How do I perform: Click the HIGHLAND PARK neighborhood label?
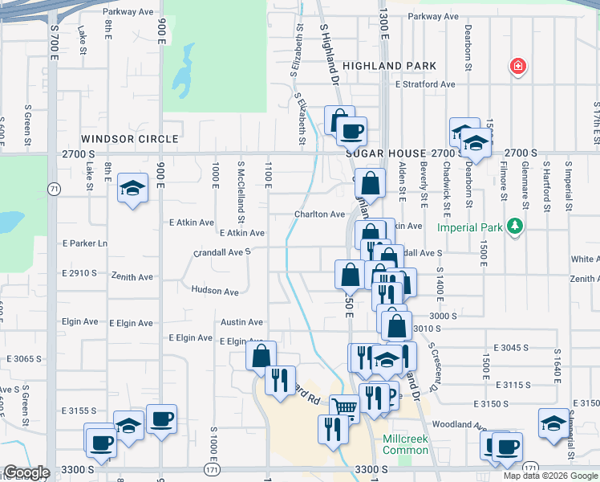pyautogui.click(x=389, y=66)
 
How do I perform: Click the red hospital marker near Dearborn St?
pyautogui.click(x=518, y=67)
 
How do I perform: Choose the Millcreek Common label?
pyautogui.click(x=405, y=444)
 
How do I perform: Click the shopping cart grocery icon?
pyautogui.click(x=344, y=408)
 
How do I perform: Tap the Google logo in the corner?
pyautogui.click(x=26, y=472)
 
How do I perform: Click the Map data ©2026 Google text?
pyautogui.click(x=549, y=476)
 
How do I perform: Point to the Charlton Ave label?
pyautogui.click(x=318, y=214)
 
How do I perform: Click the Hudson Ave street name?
pyautogui.click(x=215, y=291)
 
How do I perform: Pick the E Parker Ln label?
pyautogui.click(x=84, y=243)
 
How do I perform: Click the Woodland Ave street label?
pyautogui.click(x=459, y=424)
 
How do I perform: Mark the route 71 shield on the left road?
pyautogui.click(x=54, y=189)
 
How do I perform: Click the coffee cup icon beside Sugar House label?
pyautogui.click(x=351, y=130)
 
